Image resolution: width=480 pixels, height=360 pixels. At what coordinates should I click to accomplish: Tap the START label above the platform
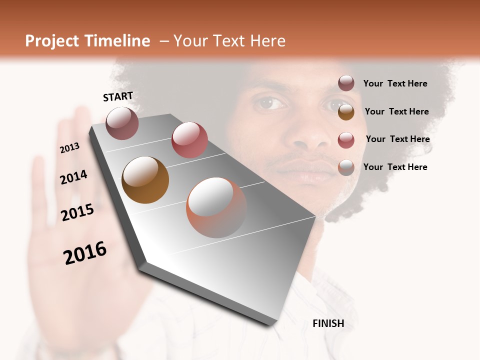click(118, 96)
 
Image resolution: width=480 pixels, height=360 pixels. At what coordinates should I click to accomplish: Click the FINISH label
click(328, 323)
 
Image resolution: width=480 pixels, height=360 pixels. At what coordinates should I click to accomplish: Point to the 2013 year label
click(70, 148)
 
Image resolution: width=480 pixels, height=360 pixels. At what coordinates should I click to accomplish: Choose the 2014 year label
click(74, 177)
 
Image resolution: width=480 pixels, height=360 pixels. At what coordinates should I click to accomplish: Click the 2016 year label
click(85, 253)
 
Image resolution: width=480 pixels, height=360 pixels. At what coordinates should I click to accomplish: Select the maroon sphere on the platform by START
click(122, 123)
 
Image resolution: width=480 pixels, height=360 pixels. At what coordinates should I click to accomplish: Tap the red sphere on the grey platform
click(189, 139)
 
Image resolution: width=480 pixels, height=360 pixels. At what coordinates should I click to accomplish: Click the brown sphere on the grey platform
click(145, 180)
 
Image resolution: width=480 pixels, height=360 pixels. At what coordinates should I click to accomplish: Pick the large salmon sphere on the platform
click(216, 207)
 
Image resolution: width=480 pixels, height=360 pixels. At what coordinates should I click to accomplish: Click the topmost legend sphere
click(346, 83)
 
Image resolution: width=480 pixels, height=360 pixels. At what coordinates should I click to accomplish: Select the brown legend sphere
click(346, 111)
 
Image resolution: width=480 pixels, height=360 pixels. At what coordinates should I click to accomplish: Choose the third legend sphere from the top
click(346, 139)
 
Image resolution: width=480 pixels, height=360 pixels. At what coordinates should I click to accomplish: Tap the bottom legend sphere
click(346, 167)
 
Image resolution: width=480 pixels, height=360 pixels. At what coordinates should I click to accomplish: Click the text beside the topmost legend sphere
click(395, 83)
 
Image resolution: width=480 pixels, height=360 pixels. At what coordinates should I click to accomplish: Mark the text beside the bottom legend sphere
click(395, 167)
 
